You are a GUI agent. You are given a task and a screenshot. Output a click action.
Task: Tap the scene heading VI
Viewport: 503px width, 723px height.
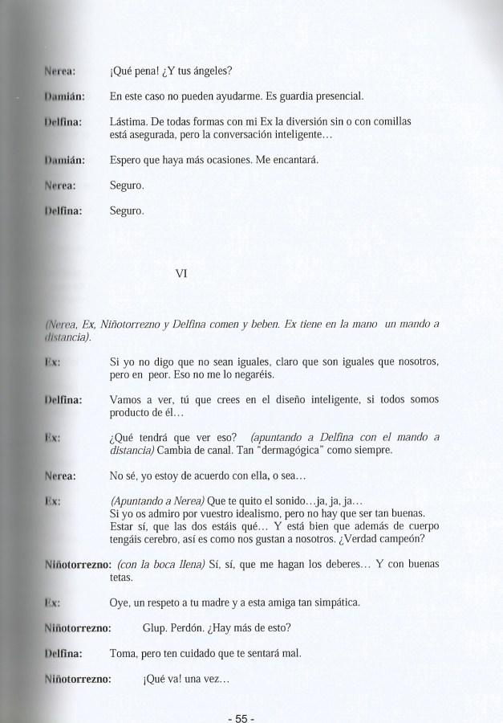[181, 274]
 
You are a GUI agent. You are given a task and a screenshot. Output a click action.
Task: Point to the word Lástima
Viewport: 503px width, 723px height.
[126, 123]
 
